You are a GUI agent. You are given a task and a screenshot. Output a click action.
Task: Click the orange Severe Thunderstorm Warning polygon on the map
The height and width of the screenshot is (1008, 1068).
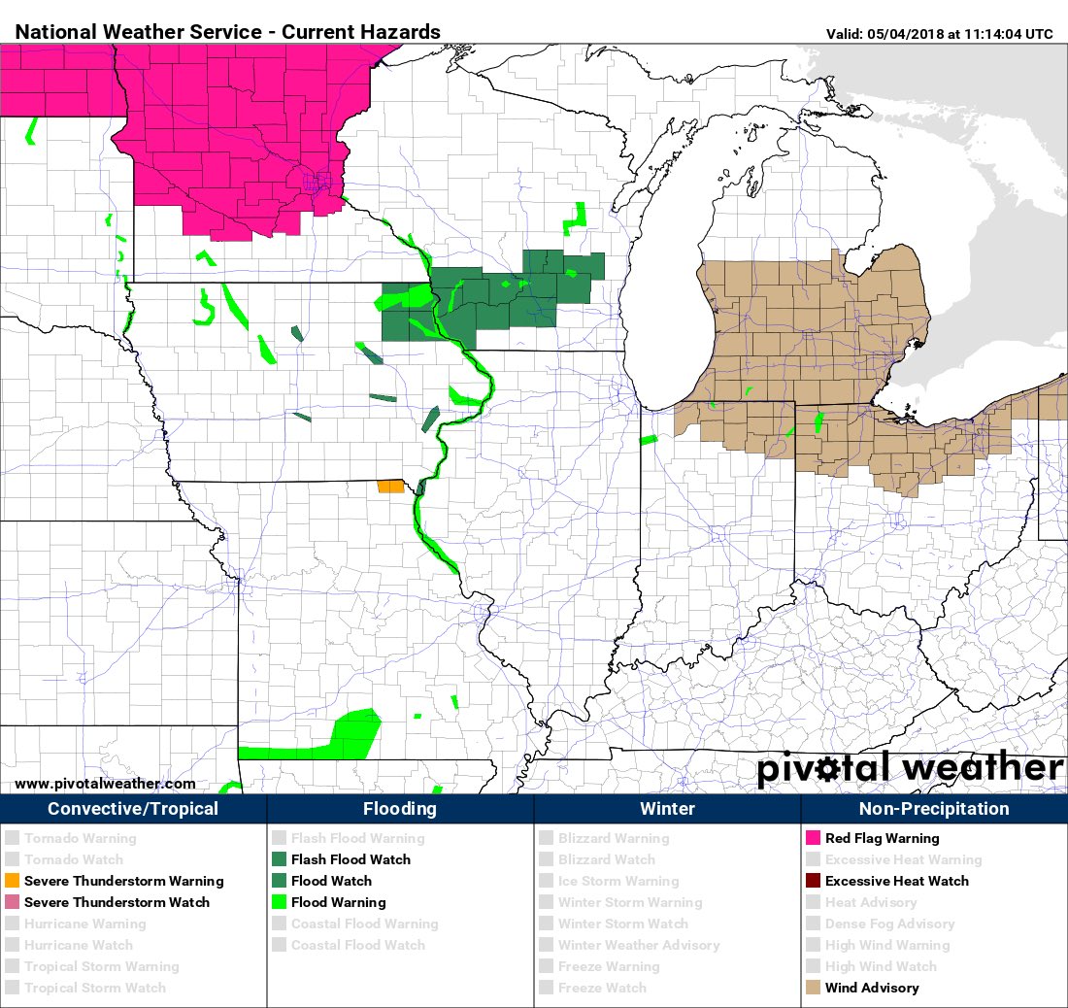tap(390, 486)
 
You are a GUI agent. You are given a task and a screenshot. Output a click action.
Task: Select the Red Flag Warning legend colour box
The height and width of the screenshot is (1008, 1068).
tap(813, 838)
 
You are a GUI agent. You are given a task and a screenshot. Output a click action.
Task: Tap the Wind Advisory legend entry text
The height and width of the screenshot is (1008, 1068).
tap(871, 988)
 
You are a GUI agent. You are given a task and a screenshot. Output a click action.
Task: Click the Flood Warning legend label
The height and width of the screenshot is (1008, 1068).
tap(338, 902)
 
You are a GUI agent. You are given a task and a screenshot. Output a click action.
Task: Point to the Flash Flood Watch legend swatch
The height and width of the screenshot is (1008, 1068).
tap(279, 859)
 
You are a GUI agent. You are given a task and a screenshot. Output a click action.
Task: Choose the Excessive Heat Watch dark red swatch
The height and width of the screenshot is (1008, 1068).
tap(813, 881)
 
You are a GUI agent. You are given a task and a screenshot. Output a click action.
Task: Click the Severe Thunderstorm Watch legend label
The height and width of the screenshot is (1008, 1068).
tap(117, 902)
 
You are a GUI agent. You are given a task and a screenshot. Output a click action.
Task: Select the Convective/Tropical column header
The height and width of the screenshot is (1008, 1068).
tap(133, 809)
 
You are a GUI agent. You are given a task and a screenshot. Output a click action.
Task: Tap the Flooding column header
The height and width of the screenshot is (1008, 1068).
tap(400, 809)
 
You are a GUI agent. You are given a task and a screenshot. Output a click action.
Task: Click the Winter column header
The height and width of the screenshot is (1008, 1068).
tap(667, 809)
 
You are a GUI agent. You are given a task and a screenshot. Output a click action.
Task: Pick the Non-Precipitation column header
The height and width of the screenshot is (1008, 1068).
tap(934, 809)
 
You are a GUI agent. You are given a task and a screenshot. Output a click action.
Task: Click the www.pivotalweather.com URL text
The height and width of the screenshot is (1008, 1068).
tap(105, 784)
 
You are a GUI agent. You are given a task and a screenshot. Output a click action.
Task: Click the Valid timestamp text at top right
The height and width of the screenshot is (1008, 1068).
tap(939, 34)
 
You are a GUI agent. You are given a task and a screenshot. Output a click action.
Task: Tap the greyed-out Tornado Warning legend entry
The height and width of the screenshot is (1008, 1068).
tap(81, 838)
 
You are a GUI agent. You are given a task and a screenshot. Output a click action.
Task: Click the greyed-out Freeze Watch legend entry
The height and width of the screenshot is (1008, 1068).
tap(602, 988)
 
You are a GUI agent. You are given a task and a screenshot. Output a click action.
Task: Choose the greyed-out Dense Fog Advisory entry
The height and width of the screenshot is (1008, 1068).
tap(889, 924)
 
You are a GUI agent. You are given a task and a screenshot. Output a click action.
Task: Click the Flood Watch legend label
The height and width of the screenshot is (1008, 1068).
tap(331, 881)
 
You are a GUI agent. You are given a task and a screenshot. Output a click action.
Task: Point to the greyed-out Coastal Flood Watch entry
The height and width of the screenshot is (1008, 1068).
tap(357, 945)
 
